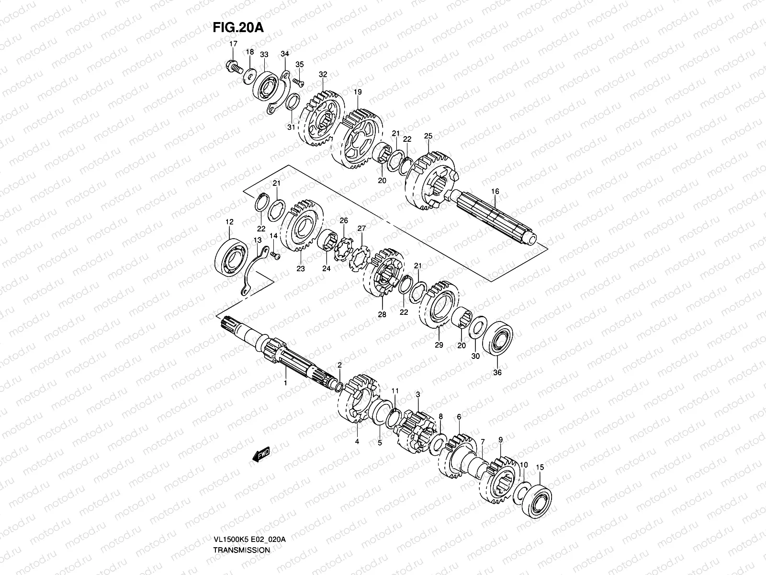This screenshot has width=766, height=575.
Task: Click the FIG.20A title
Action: (238, 27)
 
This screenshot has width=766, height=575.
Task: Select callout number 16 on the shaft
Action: (495, 191)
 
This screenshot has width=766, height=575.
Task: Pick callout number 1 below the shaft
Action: (285, 383)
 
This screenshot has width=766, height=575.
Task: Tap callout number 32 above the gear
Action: (323, 74)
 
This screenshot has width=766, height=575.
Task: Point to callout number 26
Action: (343, 220)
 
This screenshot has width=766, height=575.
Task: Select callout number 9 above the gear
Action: (500, 439)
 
